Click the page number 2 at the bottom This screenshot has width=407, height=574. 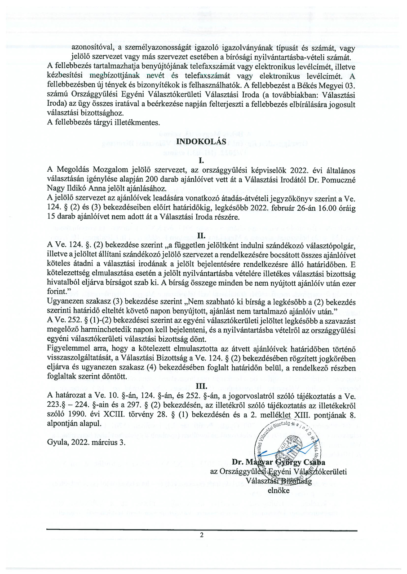point(202,535)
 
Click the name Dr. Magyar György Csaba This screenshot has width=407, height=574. point(279,462)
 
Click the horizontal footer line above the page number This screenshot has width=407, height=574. point(202,530)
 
